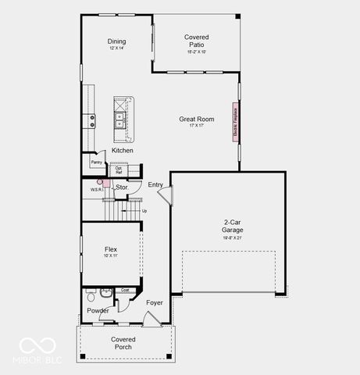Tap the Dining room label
point(116,41)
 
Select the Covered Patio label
point(196,41)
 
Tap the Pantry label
point(96,162)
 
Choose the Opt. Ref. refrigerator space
point(119,170)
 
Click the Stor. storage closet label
point(122,187)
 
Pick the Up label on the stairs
point(144,210)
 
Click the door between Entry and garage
point(165,193)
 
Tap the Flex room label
point(111,250)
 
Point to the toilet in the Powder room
point(91,297)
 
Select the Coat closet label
point(125,291)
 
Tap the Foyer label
point(155,302)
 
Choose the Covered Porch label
point(123,342)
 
